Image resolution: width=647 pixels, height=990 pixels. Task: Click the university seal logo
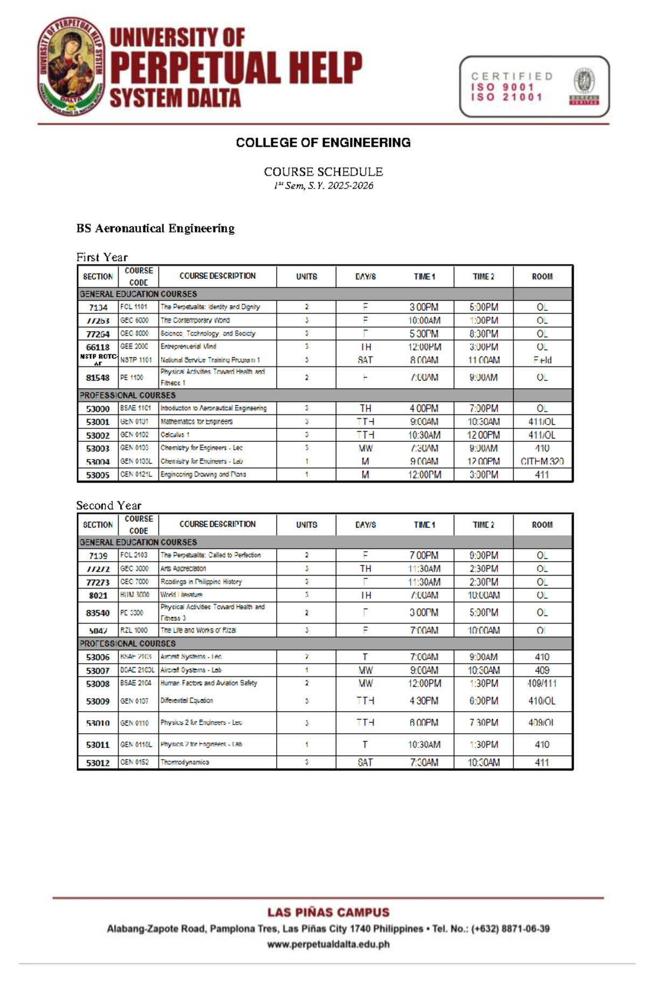[71, 66]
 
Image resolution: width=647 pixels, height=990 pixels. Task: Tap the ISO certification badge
[534, 86]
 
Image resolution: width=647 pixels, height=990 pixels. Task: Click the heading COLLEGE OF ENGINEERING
[323, 142]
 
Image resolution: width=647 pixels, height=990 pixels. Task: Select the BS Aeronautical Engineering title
[155, 228]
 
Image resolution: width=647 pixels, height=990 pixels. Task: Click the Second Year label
[108, 506]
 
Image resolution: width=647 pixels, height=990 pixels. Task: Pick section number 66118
[98, 347]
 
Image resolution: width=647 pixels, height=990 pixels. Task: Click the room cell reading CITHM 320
[542, 461]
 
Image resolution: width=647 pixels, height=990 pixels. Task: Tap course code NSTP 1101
[136, 360]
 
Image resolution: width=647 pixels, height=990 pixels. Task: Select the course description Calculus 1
[175, 435]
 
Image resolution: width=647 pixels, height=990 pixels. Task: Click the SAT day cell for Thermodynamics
[365, 762]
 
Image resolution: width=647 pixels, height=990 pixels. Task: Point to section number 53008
[98, 684]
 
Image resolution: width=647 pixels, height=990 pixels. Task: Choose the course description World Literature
[181, 595]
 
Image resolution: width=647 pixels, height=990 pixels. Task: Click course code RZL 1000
[134, 630]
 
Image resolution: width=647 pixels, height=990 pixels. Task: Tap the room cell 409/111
[542, 684]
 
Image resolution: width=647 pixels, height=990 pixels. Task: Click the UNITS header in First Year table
[306, 276]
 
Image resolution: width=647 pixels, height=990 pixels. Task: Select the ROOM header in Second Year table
[542, 524]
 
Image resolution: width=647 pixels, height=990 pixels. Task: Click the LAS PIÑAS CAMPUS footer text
[328, 912]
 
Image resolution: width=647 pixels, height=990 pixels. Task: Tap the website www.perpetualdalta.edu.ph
[328, 944]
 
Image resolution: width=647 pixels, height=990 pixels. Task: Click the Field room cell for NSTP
[542, 360]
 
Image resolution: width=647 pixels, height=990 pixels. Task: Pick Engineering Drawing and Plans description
[203, 474]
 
